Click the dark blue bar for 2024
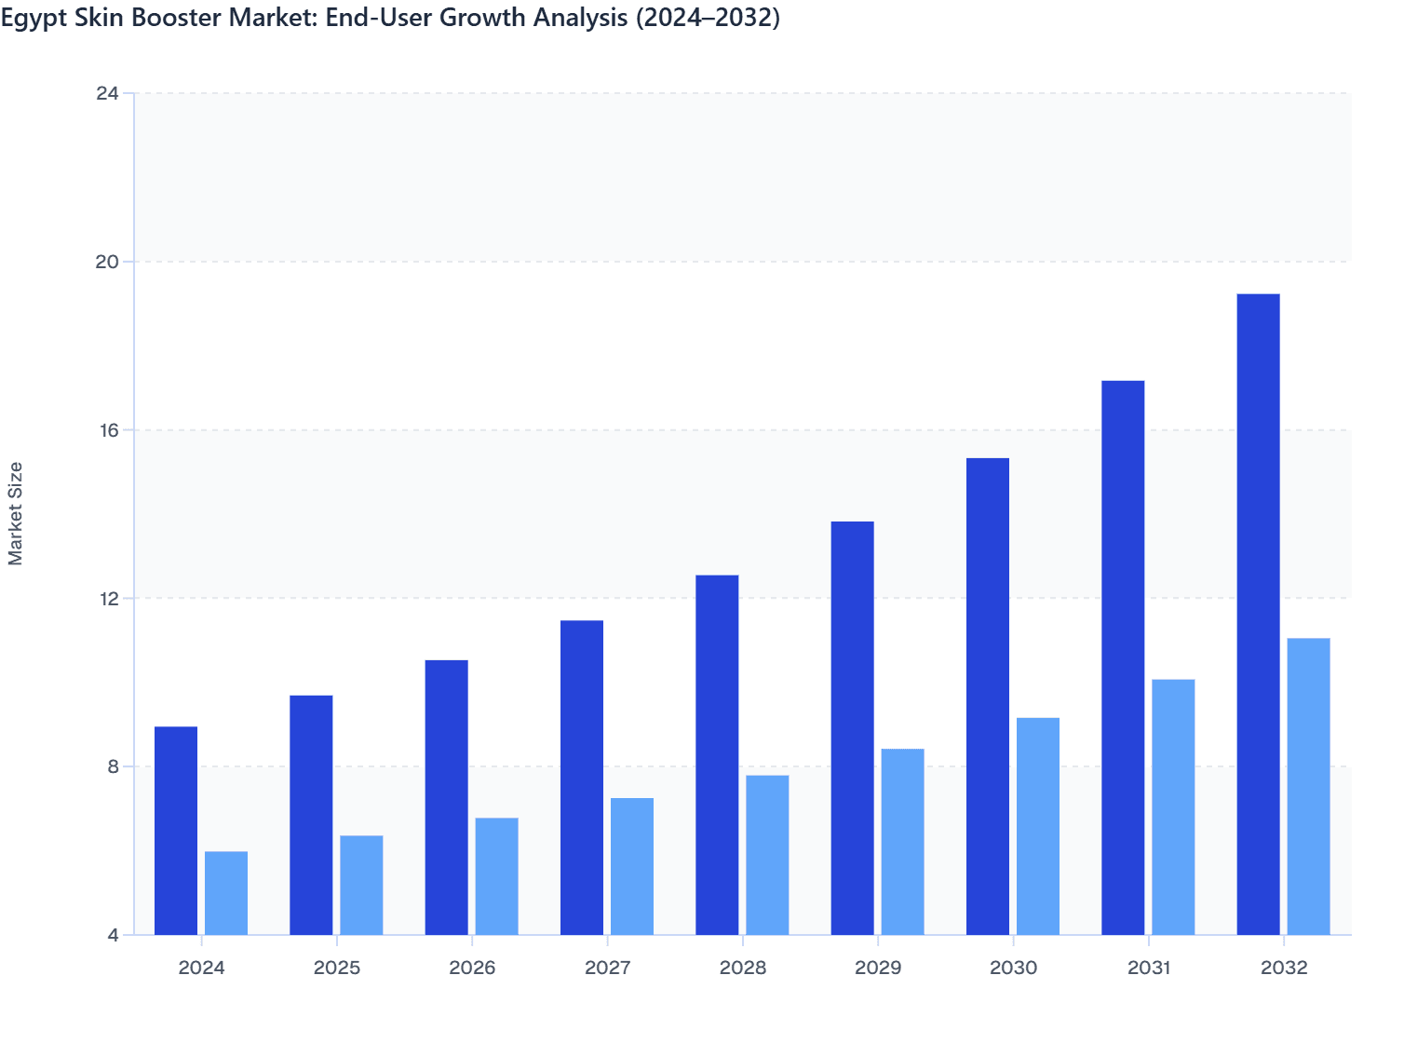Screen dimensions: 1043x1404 pos(176,830)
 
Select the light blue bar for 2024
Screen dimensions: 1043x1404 pos(226,892)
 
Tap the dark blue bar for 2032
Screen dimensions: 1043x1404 pos(1258,614)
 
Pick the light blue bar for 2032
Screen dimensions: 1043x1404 pos(1308,786)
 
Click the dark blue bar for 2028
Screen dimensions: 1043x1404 pos(717,754)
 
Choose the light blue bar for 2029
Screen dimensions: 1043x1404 pos(902,841)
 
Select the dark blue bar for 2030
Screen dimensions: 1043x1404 pos(988,696)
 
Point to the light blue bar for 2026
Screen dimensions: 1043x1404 pos(496,875)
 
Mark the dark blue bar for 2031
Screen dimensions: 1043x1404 pos(1123,657)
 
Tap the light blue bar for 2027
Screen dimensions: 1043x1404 pos(632,866)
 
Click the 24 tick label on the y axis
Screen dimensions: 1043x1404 pos(107,93)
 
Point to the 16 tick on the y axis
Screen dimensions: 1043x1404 pos(107,430)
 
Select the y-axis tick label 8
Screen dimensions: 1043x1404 pos(113,766)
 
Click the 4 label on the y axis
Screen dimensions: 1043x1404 pos(113,935)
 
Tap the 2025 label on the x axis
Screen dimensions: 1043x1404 pos(337,968)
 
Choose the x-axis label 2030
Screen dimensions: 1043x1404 pos(1013,968)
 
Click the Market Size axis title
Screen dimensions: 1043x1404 pos(16,513)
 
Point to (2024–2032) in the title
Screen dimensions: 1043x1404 pos(707,18)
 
